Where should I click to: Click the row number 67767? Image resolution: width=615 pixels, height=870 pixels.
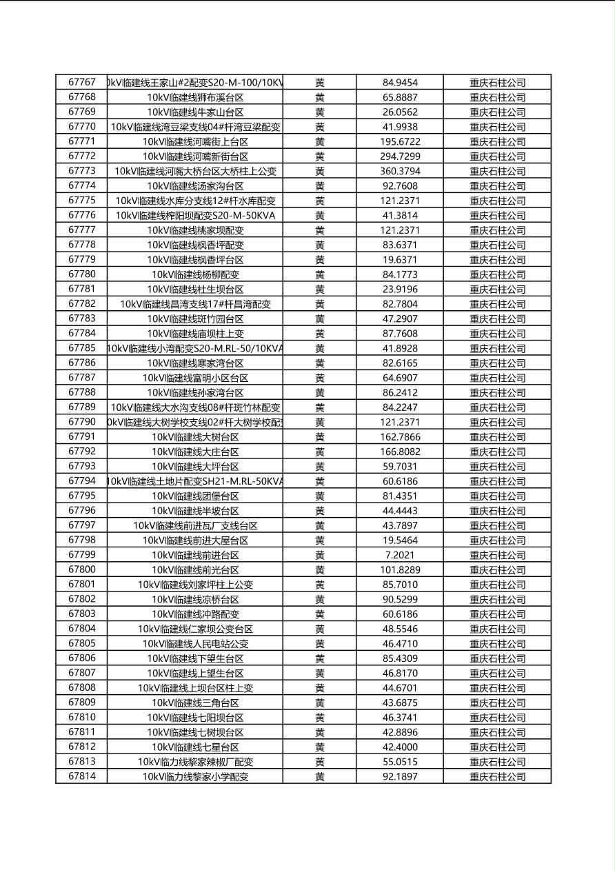[81, 82]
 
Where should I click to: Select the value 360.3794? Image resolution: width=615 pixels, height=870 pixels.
[399, 171]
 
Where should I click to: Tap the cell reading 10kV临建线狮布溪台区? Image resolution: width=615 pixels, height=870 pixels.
[195, 97]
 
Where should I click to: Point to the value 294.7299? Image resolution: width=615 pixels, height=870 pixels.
[399, 156]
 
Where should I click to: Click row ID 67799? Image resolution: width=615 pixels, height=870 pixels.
[81, 555]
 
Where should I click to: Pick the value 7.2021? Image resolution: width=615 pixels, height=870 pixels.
[399, 555]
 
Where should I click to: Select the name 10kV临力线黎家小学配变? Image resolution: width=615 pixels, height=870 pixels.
[195, 777]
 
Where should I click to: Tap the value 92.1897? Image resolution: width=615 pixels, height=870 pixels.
[399, 777]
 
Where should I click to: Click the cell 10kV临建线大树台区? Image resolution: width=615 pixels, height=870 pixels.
[195, 437]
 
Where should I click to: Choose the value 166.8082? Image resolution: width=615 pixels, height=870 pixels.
[399, 452]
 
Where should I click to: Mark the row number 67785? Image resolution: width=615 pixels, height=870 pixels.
[81, 348]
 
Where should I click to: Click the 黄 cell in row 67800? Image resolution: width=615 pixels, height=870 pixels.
[320, 570]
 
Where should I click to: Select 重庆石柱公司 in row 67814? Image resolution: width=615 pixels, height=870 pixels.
[497, 777]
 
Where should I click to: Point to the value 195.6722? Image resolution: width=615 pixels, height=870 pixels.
[399, 141]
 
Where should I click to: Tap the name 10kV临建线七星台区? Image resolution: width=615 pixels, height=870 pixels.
[195, 747]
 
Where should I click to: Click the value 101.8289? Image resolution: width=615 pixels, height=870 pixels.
[399, 570]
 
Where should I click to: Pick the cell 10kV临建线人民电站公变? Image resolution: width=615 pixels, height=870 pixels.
[195, 644]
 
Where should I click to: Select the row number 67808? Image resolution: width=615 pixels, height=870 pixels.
[81, 688]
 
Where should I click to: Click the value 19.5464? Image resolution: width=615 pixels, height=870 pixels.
[399, 540]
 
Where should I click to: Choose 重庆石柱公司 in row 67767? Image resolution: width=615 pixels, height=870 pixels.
[497, 82]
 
